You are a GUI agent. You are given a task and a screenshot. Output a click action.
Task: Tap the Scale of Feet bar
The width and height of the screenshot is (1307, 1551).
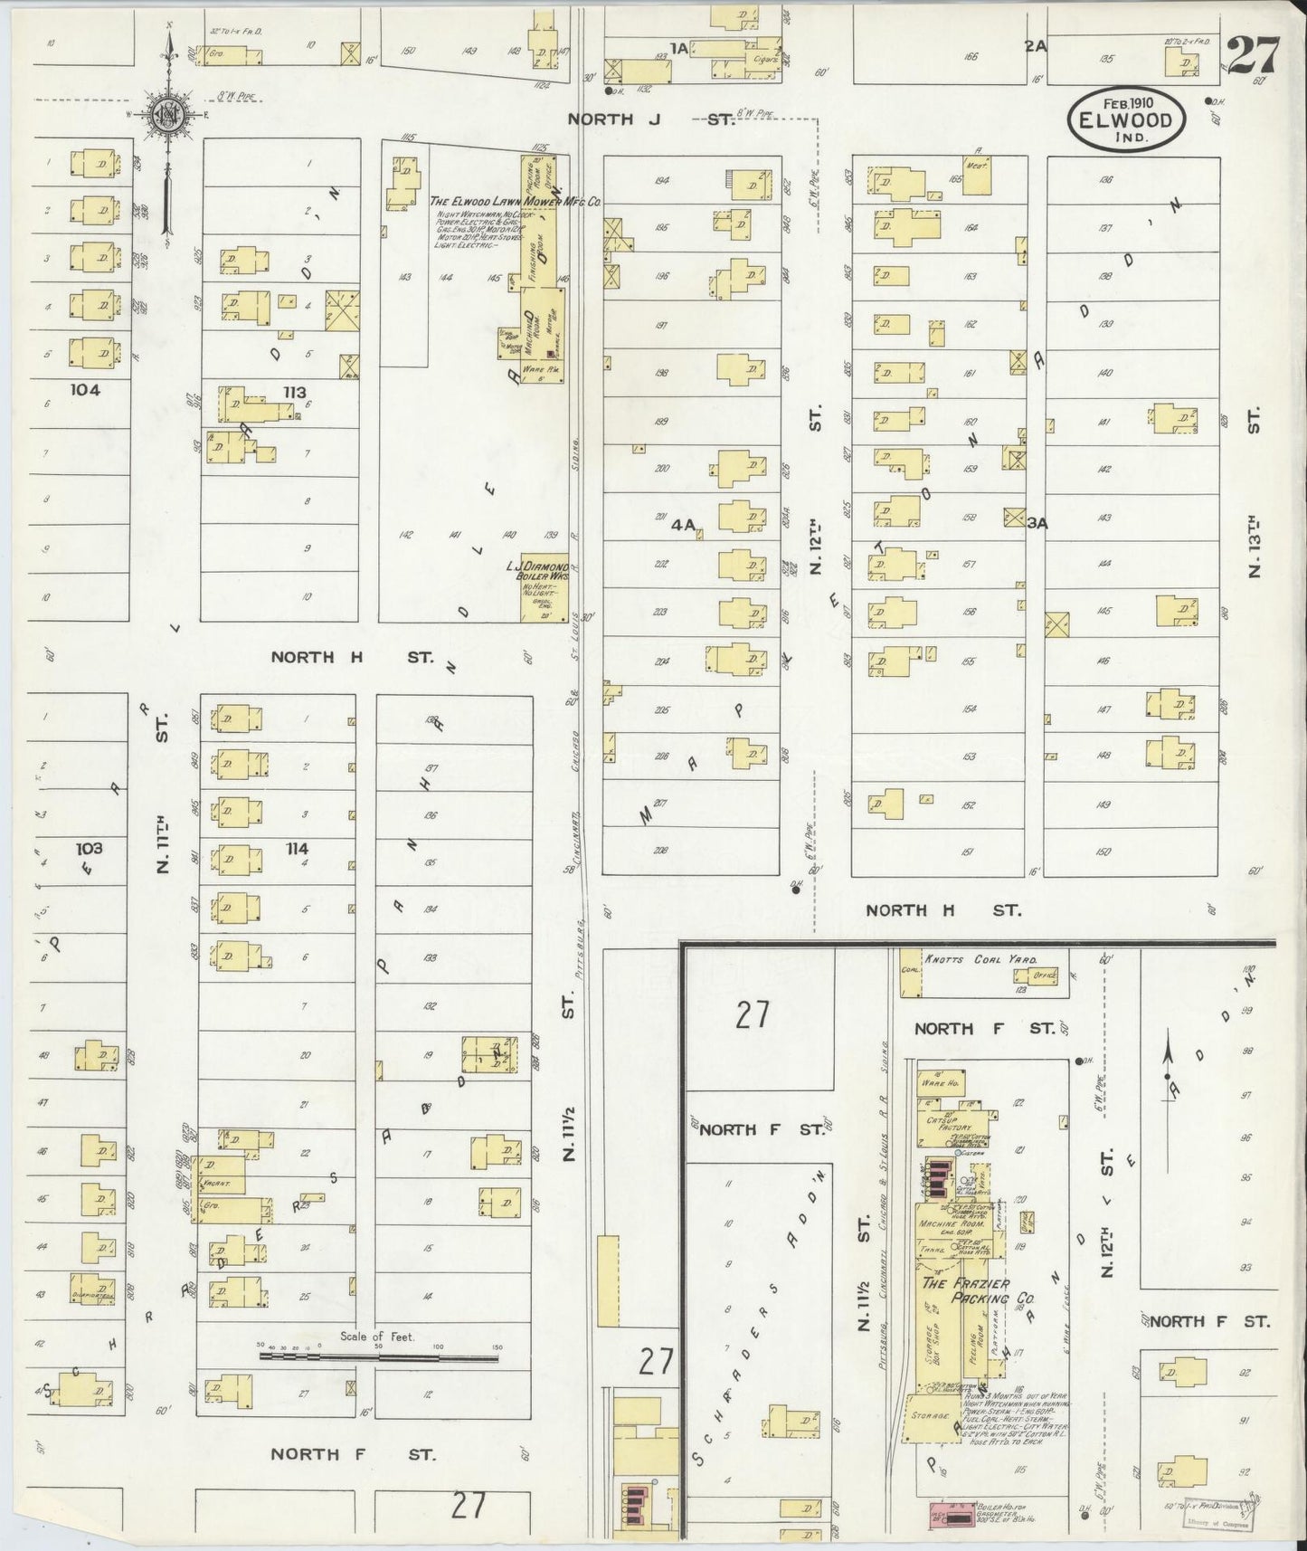378,1356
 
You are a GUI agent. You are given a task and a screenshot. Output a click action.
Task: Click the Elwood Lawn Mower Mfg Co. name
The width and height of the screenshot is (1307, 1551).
516,202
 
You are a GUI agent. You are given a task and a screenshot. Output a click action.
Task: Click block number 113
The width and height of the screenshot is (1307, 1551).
295,392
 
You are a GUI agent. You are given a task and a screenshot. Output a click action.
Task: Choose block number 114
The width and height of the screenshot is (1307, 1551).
297,848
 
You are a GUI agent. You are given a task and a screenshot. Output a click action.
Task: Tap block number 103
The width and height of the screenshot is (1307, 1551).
90,848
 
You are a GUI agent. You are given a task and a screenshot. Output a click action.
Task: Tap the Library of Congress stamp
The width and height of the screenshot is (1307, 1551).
1212,1523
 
